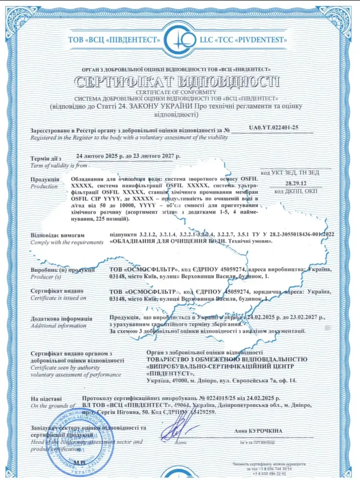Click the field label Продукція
point(45,180)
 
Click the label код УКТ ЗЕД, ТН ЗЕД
point(296,172)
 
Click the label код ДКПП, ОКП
point(296,191)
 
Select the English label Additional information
point(59,325)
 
